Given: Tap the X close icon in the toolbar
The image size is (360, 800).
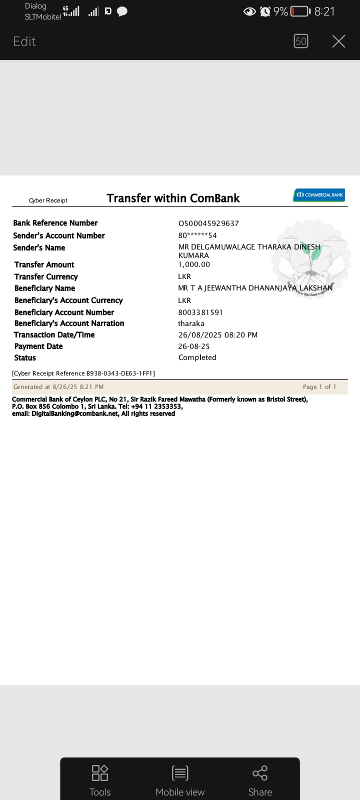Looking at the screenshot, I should [338, 41].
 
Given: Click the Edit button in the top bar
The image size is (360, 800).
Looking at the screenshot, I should [24, 41].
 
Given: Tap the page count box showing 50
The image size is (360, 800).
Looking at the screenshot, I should [301, 41].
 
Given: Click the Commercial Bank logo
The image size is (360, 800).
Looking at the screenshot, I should [319, 194].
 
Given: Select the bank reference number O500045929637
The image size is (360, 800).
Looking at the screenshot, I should [208, 223].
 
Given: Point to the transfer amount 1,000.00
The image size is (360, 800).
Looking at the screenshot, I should [194, 264].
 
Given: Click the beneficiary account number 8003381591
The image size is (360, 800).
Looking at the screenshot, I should [200, 312].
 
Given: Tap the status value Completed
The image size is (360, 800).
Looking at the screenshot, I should [197, 357].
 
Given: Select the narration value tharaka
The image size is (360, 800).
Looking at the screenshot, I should [191, 323].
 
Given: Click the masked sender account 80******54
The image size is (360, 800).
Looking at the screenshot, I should [197, 235].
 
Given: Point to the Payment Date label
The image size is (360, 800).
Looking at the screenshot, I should [38, 346].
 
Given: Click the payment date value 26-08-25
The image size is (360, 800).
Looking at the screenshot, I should [193, 346].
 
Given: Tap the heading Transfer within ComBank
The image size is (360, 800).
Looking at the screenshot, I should [173, 198].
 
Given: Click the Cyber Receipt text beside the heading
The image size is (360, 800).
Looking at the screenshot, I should [48, 200].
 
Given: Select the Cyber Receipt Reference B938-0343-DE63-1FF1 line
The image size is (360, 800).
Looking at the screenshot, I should [83, 373].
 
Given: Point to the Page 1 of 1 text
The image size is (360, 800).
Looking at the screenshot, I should [319, 387].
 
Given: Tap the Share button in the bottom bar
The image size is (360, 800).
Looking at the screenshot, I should [260, 780].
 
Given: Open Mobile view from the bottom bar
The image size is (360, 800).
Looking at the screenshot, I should [180, 780].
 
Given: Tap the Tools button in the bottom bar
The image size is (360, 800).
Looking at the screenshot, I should [100, 780].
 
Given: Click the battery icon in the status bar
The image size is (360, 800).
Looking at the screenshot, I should [300, 11].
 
